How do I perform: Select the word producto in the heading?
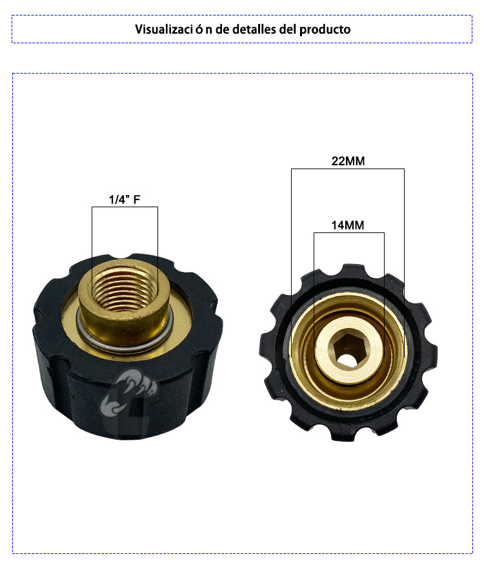coord(325,30)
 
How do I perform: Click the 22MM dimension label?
coord(348,161)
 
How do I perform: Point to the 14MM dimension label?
coord(348,225)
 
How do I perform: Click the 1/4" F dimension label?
coord(125,199)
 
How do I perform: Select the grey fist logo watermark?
coord(128,398)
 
